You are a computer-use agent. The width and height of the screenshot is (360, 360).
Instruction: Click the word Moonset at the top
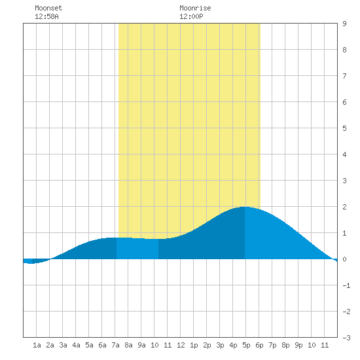pos(48,8)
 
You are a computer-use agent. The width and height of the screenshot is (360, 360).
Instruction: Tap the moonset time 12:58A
pos(46,16)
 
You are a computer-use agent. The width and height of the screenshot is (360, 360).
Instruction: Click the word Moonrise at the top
pos(195,8)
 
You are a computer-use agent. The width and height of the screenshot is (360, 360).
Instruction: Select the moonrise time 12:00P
pos(191,16)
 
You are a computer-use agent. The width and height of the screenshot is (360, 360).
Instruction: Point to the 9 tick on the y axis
pos(344,24)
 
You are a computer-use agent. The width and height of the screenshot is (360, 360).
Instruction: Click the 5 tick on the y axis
pos(344,128)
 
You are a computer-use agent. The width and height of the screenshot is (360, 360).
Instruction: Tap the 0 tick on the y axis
pos(344,259)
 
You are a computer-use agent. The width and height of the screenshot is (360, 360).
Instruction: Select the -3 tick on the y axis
pos(346,338)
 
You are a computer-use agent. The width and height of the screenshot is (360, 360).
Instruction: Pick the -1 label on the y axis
pos(346,285)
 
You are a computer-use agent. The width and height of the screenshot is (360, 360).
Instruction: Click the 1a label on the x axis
pos(37,345)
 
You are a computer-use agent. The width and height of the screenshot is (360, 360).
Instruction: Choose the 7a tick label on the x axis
pos(115,345)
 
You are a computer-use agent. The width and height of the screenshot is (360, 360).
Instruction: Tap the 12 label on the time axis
pos(181,345)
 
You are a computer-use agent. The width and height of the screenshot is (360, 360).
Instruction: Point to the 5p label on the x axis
pos(246,345)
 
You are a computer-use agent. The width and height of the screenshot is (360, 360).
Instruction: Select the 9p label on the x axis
pos(298,345)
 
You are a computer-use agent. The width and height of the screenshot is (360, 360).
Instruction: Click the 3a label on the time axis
pos(63,345)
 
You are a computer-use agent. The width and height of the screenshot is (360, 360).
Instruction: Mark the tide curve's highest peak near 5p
pos(244,207)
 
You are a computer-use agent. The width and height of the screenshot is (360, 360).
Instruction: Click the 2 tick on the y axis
pos(344,207)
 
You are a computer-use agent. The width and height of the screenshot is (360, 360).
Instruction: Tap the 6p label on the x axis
pos(259,345)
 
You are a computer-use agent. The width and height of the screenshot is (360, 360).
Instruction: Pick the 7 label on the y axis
pos(344,76)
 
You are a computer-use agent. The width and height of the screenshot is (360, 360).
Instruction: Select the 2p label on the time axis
pos(207,345)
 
